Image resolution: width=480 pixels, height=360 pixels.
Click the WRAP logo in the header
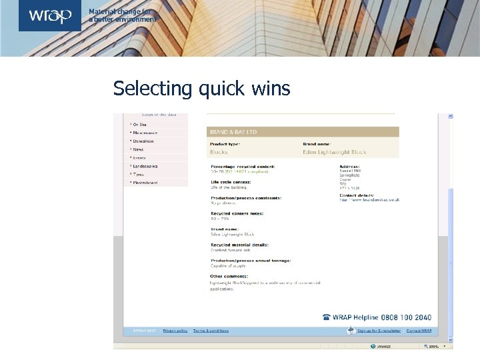(50, 15)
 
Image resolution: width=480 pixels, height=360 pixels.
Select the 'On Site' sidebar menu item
(140, 125)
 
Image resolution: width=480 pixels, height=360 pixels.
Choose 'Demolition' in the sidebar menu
(143, 141)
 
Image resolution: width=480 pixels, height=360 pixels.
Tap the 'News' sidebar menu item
(139, 149)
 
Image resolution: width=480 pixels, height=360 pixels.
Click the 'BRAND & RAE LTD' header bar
(303, 132)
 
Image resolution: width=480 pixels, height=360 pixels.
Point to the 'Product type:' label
(226, 143)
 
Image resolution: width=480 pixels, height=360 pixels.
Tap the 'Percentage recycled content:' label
(243, 166)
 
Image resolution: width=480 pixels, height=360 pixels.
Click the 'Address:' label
(349, 166)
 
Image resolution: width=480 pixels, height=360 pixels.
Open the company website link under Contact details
(371, 199)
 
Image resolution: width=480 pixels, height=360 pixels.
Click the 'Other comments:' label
(229, 276)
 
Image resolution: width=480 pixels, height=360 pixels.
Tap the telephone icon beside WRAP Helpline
(326, 317)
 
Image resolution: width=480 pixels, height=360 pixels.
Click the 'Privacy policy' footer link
(175, 331)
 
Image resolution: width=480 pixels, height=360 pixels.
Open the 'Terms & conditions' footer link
(210, 331)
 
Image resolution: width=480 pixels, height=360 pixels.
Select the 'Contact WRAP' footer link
(419, 331)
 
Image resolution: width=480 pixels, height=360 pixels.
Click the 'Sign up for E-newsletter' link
(379, 331)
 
